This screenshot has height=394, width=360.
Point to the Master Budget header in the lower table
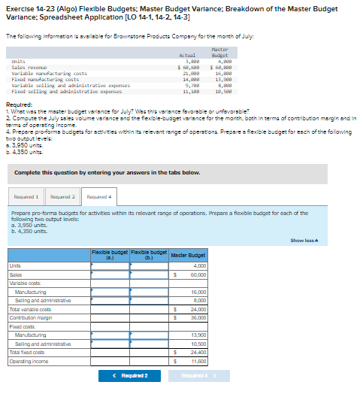coord(189,256)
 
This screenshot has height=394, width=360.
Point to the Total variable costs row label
coord(30,309)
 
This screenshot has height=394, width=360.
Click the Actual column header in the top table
coord(188,56)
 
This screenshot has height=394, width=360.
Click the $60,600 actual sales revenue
coord(188,68)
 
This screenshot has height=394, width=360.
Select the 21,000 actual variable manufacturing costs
coord(191,73)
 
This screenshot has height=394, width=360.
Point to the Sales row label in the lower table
coord(15,274)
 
